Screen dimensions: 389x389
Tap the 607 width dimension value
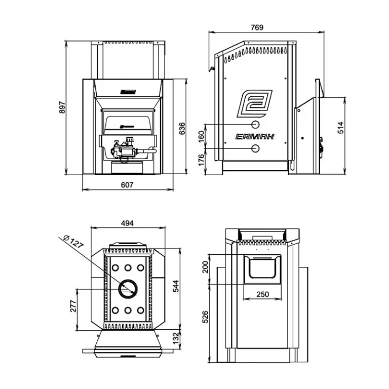tap(127, 185)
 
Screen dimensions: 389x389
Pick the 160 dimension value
tap(201, 136)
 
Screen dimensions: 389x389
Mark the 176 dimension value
tap(201, 161)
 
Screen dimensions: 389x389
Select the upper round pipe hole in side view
tap(256, 124)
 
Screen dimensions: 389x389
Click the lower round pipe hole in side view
tap(256, 148)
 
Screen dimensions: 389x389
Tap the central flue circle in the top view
tap(128, 289)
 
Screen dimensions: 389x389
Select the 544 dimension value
tap(176, 287)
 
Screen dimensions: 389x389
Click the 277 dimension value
tap(72, 305)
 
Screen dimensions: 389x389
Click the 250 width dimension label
tap(262, 294)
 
